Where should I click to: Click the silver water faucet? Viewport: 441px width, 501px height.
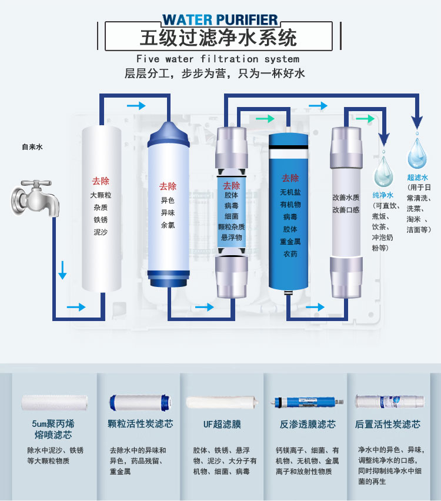35,198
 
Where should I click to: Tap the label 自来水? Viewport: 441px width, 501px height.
32,147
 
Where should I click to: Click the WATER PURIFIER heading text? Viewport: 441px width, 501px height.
220,20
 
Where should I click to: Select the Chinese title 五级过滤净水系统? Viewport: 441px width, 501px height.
219,38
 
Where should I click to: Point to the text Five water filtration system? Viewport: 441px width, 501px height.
218,59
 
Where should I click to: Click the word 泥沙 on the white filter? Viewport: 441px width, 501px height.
101,232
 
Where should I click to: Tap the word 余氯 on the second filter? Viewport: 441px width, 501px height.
168,225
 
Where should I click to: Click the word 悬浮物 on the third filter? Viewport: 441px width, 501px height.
232,238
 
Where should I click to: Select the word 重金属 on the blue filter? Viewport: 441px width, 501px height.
290,242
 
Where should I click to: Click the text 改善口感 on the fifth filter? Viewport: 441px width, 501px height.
346,210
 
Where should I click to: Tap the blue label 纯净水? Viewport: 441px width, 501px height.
383,195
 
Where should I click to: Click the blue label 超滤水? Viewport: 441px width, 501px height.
417,178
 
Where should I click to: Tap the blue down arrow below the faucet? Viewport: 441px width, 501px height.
62,270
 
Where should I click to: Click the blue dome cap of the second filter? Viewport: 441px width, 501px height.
168,134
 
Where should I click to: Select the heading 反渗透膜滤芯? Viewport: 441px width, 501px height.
308,425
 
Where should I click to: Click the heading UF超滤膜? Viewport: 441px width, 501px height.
222,425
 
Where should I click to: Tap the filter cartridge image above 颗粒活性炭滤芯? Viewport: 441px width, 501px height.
140,403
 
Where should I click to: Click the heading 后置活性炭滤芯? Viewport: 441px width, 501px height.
387,425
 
